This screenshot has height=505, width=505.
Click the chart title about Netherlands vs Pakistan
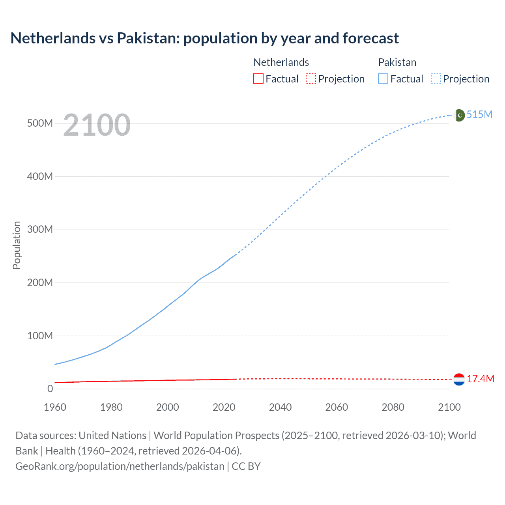point(204,38)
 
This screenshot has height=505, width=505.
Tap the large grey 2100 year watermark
point(97,125)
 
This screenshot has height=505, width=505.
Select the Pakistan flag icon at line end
point(459,115)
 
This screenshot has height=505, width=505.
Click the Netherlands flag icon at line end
point(459,380)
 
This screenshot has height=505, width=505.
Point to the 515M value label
point(479,114)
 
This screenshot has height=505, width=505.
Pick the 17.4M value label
point(480,379)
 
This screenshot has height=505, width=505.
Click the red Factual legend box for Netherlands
point(258,79)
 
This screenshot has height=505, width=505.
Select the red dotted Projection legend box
point(311,79)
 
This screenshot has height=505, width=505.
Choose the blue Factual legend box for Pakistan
point(383,79)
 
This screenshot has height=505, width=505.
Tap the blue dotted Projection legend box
point(436,79)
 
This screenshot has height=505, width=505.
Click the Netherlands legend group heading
point(281,62)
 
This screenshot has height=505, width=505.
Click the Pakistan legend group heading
point(397,62)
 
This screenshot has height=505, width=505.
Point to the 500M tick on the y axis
point(40,123)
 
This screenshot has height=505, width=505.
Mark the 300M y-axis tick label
point(40,229)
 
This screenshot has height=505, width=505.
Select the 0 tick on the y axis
point(50,389)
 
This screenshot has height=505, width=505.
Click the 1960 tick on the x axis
point(55,407)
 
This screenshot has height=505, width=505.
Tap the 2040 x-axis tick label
point(280,407)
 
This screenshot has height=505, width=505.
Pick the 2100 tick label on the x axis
point(449,407)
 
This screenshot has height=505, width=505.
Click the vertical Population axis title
point(17,245)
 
